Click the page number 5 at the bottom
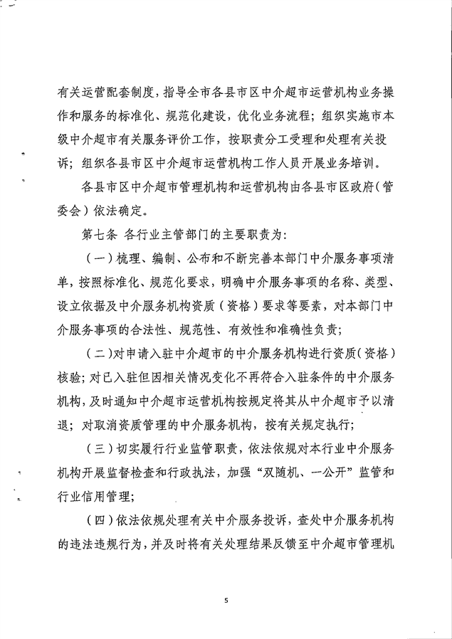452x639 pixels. click(x=226, y=601)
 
